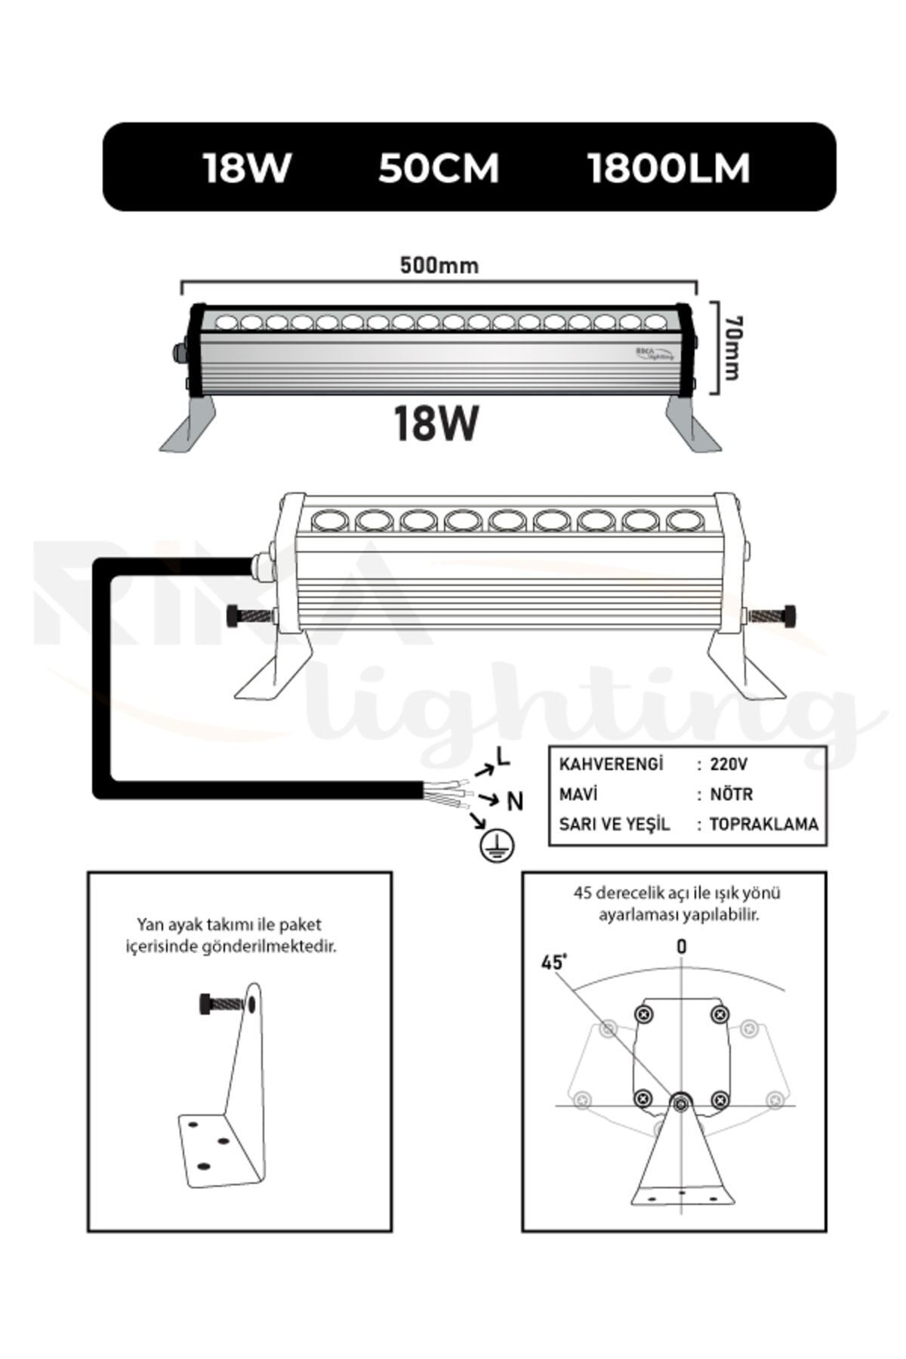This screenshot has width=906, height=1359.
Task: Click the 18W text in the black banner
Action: click(x=247, y=168)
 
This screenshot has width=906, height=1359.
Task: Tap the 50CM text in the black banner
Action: click(x=439, y=168)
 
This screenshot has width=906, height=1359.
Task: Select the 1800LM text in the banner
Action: click(x=669, y=168)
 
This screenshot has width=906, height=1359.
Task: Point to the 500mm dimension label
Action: click(x=439, y=266)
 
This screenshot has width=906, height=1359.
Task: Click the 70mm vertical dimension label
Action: click(x=732, y=348)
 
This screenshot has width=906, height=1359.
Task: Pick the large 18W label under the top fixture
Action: click(x=436, y=424)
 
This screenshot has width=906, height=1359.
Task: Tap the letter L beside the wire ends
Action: click(x=503, y=756)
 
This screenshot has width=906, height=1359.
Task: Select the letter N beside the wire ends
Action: click(x=515, y=801)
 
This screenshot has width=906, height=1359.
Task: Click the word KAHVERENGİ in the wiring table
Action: click(x=611, y=763)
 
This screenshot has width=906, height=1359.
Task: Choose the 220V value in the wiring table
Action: click(x=729, y=764)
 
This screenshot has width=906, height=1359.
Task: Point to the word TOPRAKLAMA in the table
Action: click(x=763, y=824)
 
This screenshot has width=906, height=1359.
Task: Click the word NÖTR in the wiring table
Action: click(x=731, y=794)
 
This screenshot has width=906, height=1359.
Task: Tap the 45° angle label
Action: click(x=553, y=963)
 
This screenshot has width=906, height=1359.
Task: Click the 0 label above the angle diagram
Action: click(x=682, y=947)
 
